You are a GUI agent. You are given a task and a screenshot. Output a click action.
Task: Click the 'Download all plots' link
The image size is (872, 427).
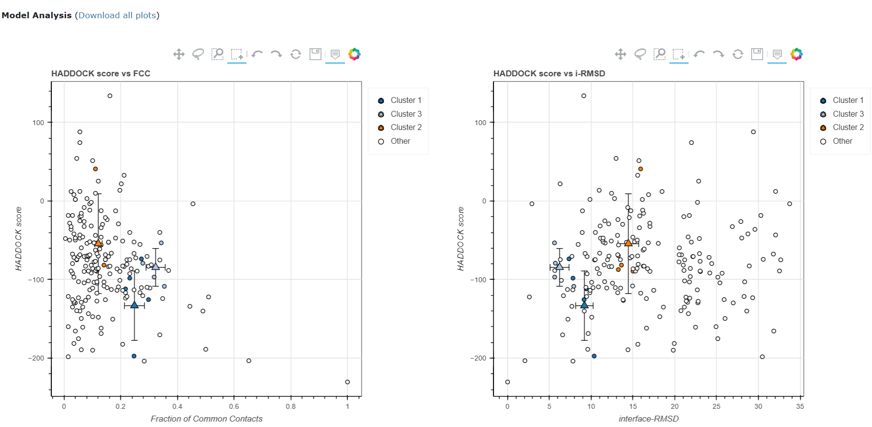tap(117, 15)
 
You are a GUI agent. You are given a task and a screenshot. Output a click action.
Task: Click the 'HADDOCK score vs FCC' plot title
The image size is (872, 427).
tap(101, 73)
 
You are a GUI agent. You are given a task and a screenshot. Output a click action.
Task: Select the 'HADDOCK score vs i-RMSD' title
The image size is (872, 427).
tap(549, 73)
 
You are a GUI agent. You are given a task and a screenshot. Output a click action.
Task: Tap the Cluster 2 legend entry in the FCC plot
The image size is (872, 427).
tap(406, 127)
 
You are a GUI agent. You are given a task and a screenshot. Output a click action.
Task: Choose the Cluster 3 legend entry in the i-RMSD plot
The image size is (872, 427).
tap(848, 114)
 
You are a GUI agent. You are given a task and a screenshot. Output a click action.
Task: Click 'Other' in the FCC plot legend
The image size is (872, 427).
tap(400, 141)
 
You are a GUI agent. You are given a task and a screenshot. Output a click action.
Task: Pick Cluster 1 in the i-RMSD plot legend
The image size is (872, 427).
tap(848, 100)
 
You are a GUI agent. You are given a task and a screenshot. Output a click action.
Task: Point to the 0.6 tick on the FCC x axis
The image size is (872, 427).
tap(234, 406)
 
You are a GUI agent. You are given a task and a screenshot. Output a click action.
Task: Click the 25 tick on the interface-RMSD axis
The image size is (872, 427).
tap(716, 406)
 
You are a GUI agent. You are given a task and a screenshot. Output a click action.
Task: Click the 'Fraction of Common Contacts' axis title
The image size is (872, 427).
tap(207, 419)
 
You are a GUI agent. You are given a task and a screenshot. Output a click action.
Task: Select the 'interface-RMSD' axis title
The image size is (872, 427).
tap(649, 419)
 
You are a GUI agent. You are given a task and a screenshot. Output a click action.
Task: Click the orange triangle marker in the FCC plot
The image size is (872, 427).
tap(98, 243)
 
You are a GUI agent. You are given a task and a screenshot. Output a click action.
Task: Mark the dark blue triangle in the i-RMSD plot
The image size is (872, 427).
tap(584, 305)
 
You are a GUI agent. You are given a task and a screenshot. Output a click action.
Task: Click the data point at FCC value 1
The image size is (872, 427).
tap(348, 382)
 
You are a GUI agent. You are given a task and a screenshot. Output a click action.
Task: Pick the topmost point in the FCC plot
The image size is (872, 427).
tap(110, 96)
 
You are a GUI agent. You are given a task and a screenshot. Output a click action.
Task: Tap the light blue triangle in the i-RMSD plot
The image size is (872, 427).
tap(559, 266)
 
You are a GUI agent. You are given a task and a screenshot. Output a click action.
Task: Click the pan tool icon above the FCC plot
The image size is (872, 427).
tap(179, 54)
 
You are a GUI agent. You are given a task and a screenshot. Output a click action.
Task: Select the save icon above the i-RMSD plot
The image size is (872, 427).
tap(757, 54)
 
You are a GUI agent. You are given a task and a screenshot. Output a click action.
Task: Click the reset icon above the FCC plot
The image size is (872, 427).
tap(296, 54)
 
